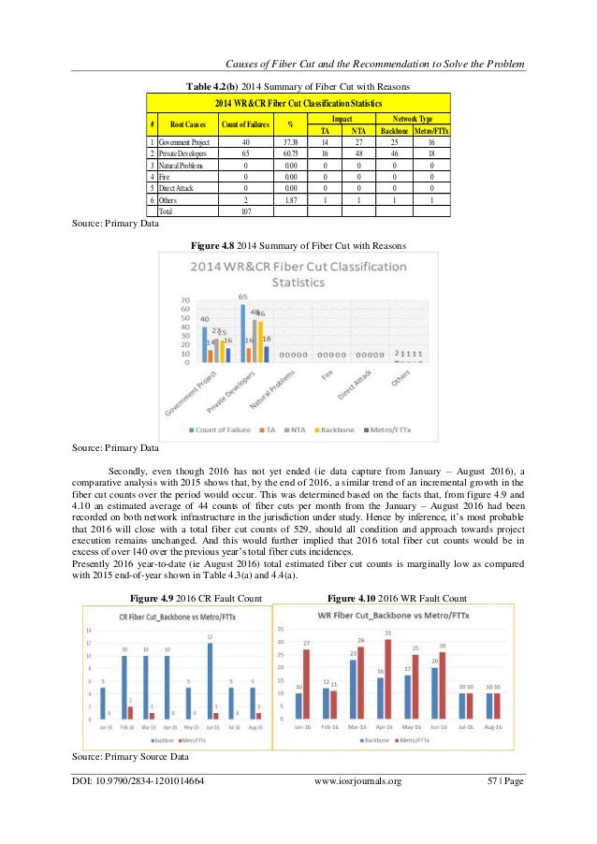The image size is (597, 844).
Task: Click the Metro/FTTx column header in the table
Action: click(430, 130)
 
